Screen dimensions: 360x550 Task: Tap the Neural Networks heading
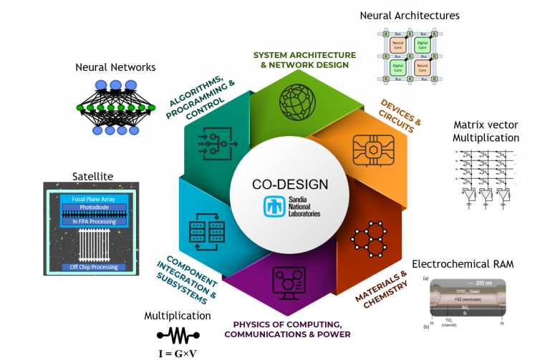coord(115,67)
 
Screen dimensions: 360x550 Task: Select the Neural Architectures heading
coord(409,15)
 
